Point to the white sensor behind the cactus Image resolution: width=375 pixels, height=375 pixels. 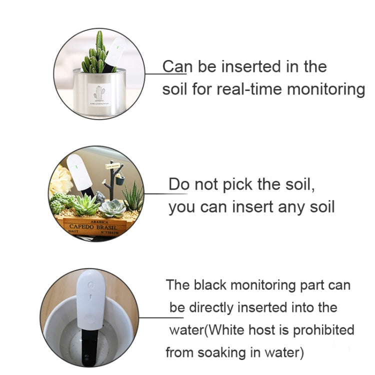(115, 52)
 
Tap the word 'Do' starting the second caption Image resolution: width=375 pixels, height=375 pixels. (178, 184)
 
